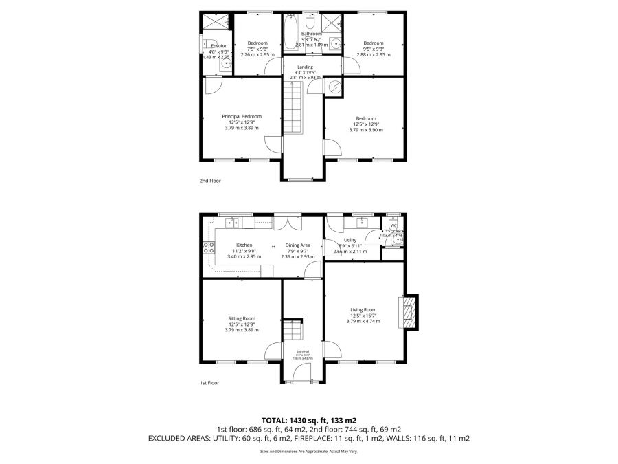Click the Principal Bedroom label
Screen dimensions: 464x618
[x=241, y=116]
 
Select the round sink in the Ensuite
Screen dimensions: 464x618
[x=227, y=63]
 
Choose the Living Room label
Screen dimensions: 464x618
[x=363, y=310]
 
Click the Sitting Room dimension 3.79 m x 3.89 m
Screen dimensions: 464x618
[x=241, y=329]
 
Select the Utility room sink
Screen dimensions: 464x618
[x=361, y=222]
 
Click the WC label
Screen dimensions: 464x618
[x=393, y=225]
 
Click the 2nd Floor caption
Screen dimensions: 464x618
[x=210, y=181]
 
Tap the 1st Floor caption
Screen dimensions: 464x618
[x=209, y=383]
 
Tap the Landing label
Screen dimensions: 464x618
[x=305, y=67]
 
